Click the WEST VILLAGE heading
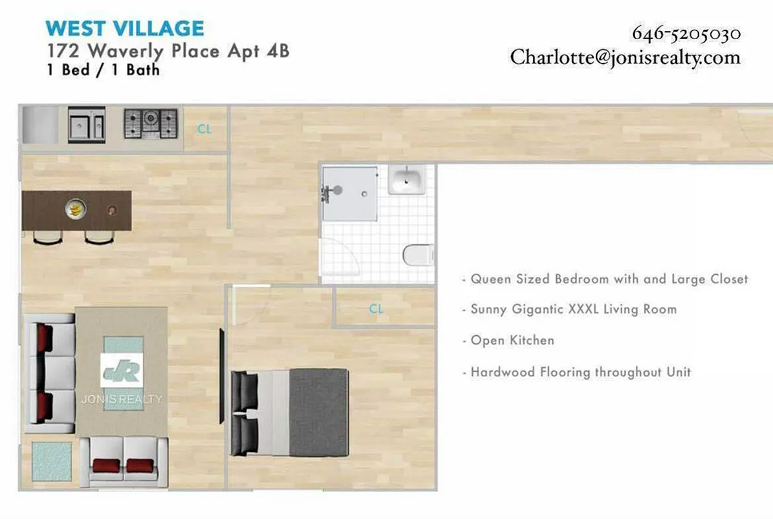click(125, 29)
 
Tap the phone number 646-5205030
click(686, 33)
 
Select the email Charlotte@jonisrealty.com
click(625, 57)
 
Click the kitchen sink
click(86, 125)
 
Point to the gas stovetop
click(151, 123)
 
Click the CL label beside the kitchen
click(204, 129)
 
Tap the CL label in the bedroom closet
click(376, 309)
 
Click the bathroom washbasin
click(407, 179)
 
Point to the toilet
click(416, 255)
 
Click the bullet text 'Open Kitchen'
click(512, 341)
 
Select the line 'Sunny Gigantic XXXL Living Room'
click(573, 309)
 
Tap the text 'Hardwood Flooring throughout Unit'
click(580, 372)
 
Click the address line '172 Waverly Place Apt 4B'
click(168, 51)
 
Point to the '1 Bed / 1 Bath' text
click(103, 70)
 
